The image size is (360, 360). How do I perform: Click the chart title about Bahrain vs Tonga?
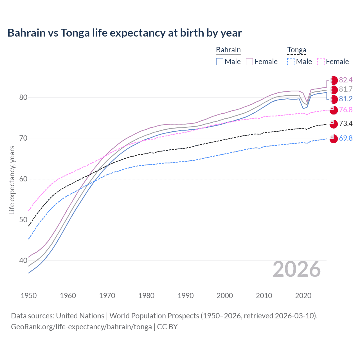125,33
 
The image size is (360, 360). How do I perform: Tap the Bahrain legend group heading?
228,50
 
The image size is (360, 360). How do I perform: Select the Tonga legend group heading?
296,50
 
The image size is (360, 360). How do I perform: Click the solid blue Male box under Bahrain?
220,62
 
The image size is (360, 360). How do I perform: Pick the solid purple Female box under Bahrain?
249,62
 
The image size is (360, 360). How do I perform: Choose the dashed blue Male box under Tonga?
291,62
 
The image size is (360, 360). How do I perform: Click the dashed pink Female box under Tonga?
321,62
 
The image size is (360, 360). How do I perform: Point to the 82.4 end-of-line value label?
346,80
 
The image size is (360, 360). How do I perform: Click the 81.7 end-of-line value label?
346,89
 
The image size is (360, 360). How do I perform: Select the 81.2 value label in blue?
346,99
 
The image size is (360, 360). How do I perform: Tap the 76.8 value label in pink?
346,110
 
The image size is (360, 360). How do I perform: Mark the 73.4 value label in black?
346,123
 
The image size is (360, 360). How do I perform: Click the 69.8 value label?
346,138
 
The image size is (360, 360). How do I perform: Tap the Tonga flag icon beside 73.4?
334,124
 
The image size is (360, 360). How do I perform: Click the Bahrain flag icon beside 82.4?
334,80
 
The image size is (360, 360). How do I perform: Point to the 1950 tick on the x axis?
29,296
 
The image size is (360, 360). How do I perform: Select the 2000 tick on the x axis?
225,296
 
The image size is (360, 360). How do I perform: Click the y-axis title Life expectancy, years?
12,180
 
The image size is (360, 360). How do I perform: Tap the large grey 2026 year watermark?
296,269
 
